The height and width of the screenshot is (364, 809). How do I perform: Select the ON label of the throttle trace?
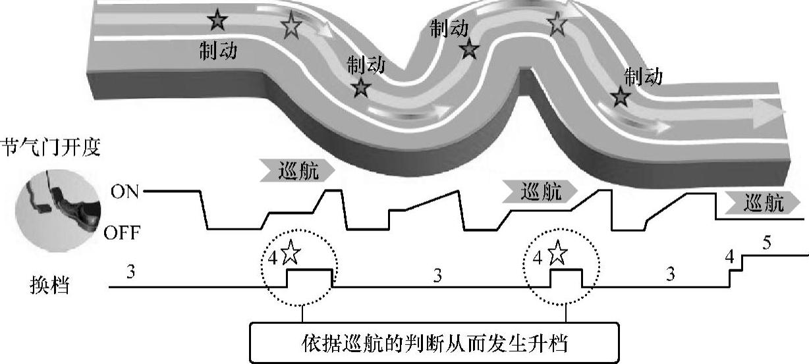pos(125,192)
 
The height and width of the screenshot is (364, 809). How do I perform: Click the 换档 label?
pos(49,287)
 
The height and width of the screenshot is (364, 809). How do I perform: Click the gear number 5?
pos(766,243)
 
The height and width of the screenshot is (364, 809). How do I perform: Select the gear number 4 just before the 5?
pos(729,255)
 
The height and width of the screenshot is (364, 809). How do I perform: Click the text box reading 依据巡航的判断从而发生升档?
pos(434,343)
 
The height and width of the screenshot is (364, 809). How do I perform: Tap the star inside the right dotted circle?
pos(557,251)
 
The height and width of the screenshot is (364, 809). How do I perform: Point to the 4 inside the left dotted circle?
pos(273,257)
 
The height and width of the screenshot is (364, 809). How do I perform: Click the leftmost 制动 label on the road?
pos(219,50)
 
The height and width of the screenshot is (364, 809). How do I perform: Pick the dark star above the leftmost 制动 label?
pos(217,22)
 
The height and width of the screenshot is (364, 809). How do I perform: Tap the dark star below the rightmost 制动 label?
pos(620,97)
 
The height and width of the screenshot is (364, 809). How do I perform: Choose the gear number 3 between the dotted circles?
pos(437,275)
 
